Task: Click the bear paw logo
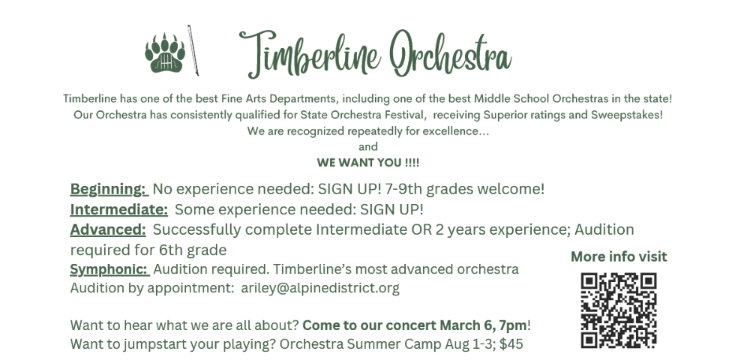[x=164, y=53]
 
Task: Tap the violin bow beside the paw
[x=193, y=50]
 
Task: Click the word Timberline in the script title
[x=310, y=53]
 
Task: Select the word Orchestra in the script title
[x=450, y=52]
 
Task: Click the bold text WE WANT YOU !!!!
[x=367, y=163]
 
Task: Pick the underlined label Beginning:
[x=109, y=189]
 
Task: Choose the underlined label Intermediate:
[x=119, y=209]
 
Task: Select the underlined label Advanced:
[x=108, y=229]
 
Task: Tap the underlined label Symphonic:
[x=110, y=270]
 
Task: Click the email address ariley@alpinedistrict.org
[x=320, y=288]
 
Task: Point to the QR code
[x=619, y=310]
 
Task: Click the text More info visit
[x=619, y=256]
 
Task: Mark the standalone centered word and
[x=368, y=146]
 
